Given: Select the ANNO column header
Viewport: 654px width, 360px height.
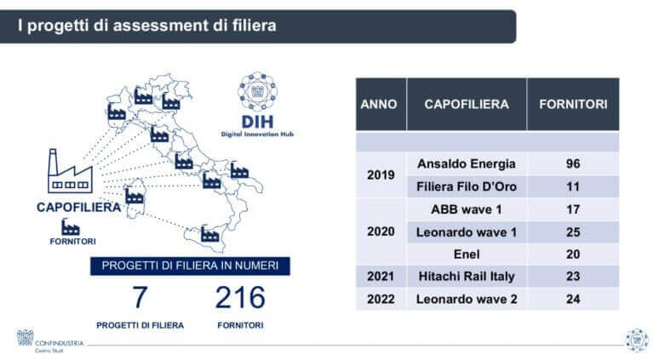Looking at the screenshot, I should [379, 104].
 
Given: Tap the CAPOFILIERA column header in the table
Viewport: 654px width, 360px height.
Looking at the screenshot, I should [466, 104].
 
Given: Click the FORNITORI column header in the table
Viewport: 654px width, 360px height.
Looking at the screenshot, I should [572, 104].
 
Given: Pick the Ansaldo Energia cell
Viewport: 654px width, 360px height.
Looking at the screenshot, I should [466, 163].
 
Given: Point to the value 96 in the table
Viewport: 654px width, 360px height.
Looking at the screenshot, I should [572, 163].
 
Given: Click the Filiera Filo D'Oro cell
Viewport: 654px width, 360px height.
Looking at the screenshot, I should [466, 186].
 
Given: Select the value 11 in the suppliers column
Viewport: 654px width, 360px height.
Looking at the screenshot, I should [572, 186].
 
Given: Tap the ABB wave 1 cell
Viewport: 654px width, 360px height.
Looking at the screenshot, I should [466, 209].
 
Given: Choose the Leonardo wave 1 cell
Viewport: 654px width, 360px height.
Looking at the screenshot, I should [466, 231].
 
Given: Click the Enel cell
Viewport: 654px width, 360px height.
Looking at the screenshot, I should [466, 254].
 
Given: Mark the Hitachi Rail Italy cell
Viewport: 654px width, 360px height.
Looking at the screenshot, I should [466, 277].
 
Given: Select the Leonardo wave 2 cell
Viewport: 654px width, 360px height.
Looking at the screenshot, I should [466, 299].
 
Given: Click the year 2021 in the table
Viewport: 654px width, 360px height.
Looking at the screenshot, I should [379, 277].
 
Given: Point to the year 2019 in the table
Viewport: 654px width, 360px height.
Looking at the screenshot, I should [379, 175].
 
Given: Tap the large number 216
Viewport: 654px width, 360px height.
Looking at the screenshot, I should [239, 298].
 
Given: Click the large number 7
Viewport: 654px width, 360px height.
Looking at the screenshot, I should [140, 298].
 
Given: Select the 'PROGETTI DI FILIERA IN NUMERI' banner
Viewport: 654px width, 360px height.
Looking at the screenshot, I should [190, 266].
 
